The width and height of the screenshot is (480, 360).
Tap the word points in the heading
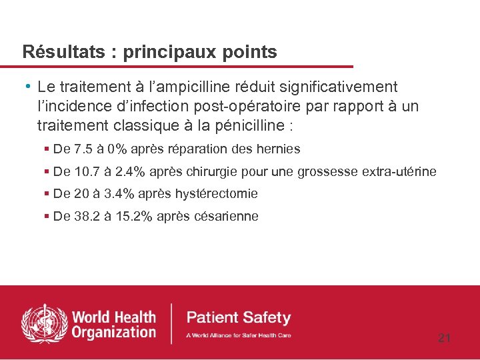coord(252,53)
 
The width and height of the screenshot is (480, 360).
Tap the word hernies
coord(280,149)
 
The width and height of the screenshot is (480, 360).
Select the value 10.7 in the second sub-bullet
coord(88,172)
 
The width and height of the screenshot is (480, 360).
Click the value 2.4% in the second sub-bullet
coord(131,172)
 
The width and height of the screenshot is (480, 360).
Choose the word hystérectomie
coord(216,194)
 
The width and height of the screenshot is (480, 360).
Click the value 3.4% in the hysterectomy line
coord(121,194)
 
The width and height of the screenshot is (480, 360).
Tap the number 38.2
coord(88,217)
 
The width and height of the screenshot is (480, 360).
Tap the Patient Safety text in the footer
coord(238,317)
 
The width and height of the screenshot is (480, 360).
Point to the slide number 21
coord(444,338)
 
